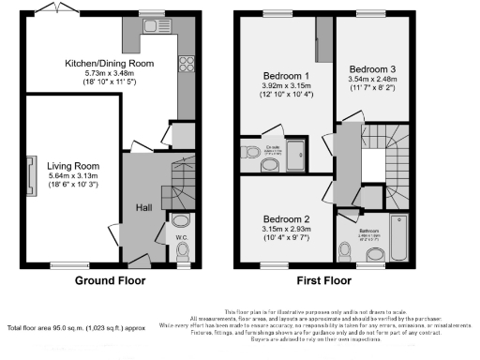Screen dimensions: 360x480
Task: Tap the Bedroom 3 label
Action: (x=372, y=68)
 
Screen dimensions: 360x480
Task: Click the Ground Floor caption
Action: (x=109, y=280)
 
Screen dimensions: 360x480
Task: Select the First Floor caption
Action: (x=324, y=280)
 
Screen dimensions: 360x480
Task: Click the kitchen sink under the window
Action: (x=152, y=29)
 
